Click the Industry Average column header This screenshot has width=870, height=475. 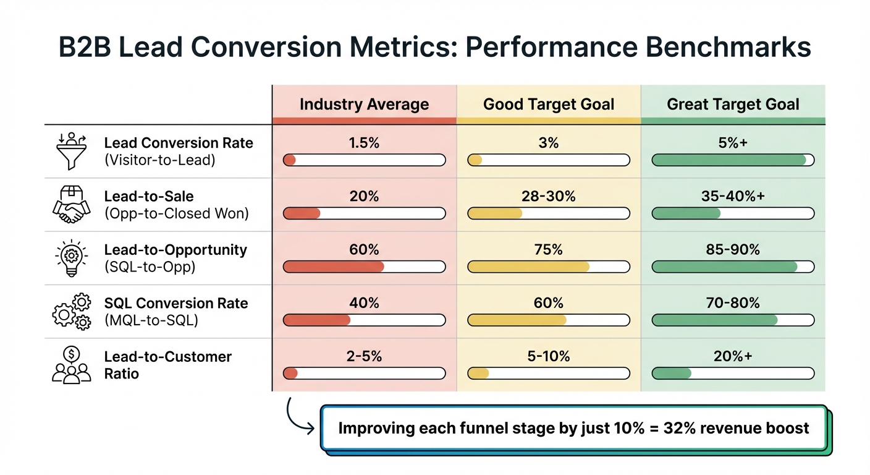[x=364, y=105]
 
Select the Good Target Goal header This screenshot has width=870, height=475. [x=549, y=105]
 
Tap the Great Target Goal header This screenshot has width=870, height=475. [x=733, y=105]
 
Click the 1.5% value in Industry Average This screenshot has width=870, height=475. [x=364, y=143]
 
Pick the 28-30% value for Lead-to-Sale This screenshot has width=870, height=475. [x=549, y=197]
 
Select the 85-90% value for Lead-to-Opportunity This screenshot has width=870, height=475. [x=733, y=250]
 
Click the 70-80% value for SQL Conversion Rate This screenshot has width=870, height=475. [x=733, y=303]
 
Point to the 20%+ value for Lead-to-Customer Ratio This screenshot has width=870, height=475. [x=733, y=356]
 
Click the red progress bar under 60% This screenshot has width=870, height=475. [x=364, y=267]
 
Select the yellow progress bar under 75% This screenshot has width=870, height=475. [x=549, y=267]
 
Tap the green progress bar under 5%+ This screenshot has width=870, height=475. [x=733, y=160]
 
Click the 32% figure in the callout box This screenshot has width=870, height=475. [x=691, y=428]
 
